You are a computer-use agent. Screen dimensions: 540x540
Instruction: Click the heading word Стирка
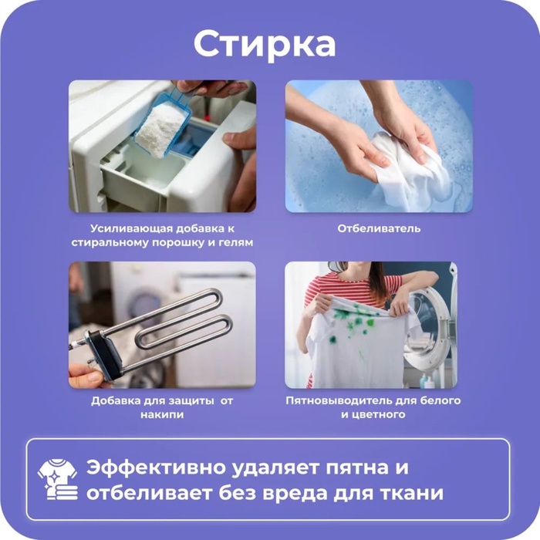(264, 44)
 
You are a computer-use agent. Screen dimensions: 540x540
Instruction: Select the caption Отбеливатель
(378, 228)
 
